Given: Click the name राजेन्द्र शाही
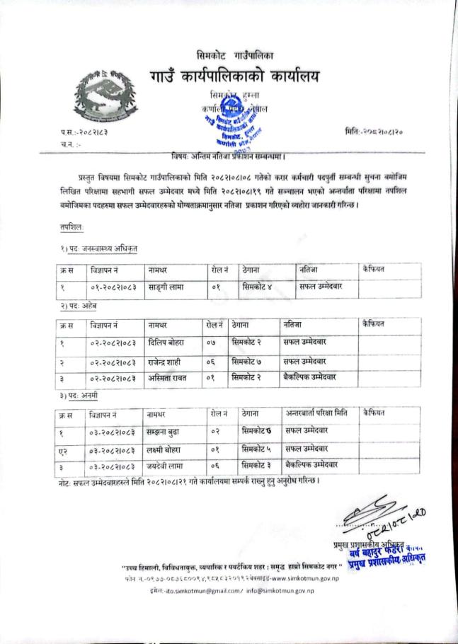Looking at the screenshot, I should [166, 360].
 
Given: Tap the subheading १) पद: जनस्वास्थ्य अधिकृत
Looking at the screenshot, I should [99, 248].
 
